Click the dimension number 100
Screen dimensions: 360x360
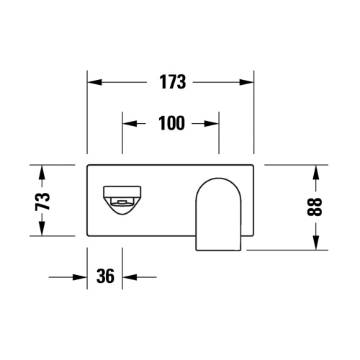coord(171,123)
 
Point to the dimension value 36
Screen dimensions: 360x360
coord(105,276)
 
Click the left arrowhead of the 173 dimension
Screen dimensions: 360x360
coord(93,82)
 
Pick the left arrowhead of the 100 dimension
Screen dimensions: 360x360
coord(127,123)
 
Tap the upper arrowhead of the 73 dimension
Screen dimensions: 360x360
coord(42,171)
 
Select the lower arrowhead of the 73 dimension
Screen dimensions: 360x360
coord(42,230)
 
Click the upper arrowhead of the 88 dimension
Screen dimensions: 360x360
coord(316,171)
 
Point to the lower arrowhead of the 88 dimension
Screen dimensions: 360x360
coord(316,243)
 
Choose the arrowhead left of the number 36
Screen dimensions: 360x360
coord(81,276)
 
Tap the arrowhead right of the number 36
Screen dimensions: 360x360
coord(129,276)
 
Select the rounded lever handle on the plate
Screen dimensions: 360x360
coord(220,212)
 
